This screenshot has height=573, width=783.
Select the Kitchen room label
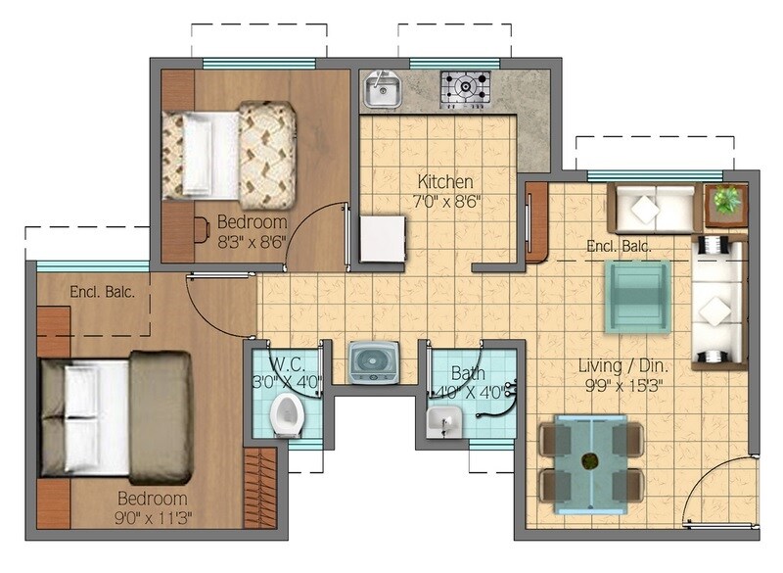445,182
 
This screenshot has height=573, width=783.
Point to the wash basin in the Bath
443,423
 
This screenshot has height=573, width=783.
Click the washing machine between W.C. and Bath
373,361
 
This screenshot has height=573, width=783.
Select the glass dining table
590,462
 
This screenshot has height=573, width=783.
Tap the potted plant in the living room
726,202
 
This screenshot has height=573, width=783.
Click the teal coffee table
637,296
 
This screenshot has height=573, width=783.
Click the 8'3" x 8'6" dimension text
251,239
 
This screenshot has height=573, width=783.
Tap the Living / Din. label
627,365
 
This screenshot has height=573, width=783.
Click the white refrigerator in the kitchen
382,239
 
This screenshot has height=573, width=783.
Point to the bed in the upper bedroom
229,154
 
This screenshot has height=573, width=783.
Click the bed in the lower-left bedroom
115,418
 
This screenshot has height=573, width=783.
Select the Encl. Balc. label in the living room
619,246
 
